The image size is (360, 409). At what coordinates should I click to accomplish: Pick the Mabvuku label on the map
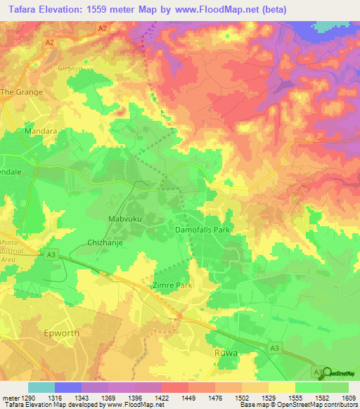[126, 220]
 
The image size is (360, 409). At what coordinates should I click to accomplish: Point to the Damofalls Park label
[202, 230]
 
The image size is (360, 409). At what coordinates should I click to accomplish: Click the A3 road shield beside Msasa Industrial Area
[51, 254]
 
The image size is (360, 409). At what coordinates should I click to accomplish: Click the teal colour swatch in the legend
[41, 387]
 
